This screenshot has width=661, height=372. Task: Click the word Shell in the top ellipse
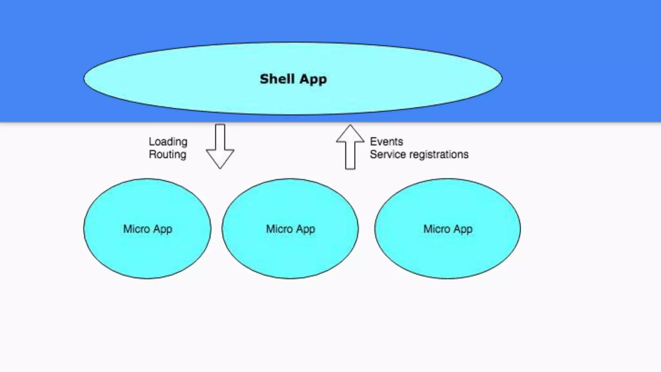coord(277,79)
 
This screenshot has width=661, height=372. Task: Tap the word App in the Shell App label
coord(313,79)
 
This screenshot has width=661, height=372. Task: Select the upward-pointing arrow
coord(350,147)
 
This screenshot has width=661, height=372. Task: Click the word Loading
coord(168,142)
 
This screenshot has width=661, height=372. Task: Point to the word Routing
coord(168,155)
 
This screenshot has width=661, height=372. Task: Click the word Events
coord(386,141)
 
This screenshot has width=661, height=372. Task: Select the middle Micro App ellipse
coord(290,255)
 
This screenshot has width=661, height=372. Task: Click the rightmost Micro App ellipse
coord(447,255)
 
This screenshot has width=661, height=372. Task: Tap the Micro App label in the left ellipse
coord(147,229)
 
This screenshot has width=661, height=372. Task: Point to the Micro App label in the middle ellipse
coord(290,229)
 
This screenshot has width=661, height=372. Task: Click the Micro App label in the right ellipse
coord(448,229)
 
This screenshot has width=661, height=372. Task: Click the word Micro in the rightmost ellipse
coord(436,229)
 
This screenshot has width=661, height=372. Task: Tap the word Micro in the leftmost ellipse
coord(136,229)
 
